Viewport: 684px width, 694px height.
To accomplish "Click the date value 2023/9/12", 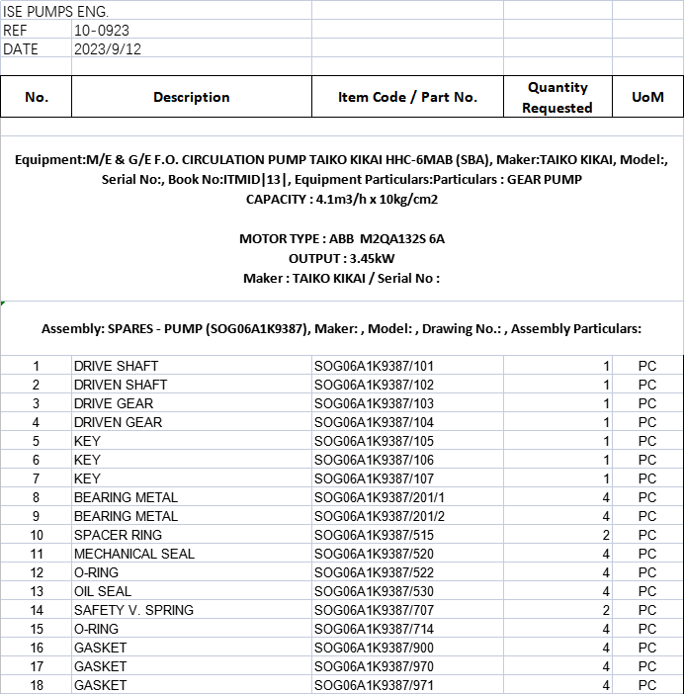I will [x=108, y=48].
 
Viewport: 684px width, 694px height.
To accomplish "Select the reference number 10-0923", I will [x=102, y=31].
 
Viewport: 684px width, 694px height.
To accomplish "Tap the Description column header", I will [x=192, y=97].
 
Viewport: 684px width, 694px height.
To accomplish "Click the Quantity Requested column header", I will [x=557, y=97].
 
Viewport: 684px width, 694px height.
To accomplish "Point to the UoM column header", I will [x=647, y=97].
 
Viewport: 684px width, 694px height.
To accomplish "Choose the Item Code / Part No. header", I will [x=407, y=97].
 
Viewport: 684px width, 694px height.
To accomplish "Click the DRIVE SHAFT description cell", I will [x=116, y=366].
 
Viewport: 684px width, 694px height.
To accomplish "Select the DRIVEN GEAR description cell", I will [x=118, y=422].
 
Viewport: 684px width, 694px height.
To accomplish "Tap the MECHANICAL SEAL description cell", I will [x=134, y=554].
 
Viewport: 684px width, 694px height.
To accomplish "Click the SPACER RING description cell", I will [x=118, y=535].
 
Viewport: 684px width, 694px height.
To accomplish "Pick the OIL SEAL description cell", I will [x=103, y=591].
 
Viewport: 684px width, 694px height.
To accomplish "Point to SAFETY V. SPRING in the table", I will [x=133, y=610].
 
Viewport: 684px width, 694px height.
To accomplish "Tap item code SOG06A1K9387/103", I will [x=374, y=403].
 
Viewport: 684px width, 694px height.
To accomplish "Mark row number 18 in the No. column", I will [x=36, y=685].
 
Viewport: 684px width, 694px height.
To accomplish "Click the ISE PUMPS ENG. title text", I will [x=56, y=11].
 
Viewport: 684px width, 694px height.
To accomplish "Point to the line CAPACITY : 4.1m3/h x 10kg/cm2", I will [x=342, y=199].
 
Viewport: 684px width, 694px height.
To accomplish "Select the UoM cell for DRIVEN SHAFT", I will [x=647, y=385].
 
